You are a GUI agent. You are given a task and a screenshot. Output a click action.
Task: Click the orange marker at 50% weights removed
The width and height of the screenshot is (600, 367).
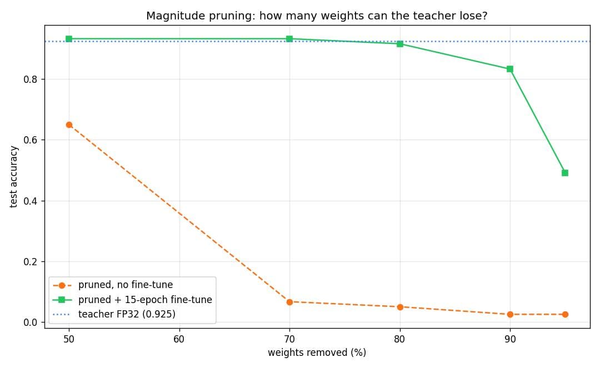[69, 125]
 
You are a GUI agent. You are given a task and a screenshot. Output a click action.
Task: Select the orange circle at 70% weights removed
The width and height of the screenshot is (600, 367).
[289, 302]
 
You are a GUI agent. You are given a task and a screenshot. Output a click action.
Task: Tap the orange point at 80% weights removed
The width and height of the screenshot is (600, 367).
[400, 308]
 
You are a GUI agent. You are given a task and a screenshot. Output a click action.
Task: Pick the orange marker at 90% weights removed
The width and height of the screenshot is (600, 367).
[509, 315]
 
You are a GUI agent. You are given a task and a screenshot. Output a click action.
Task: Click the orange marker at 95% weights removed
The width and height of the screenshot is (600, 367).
[565, 315]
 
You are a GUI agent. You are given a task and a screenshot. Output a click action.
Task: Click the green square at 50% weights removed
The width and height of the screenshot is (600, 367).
[69, 39]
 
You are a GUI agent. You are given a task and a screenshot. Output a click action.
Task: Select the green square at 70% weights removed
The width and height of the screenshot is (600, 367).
[289, 39]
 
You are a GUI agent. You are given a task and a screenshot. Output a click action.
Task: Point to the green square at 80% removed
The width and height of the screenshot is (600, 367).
[400, 44]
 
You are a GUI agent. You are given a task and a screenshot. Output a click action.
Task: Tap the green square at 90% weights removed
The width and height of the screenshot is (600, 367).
[509, 69]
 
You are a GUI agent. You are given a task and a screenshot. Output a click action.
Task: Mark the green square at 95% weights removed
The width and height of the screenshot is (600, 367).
[565, 173]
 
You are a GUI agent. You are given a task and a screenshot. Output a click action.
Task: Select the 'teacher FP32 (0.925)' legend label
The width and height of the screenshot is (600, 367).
[127, 314]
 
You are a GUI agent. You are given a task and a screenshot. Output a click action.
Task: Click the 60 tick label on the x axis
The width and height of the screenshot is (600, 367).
[179, 339]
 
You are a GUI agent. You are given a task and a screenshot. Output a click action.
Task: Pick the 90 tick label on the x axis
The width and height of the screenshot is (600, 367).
[509, 339]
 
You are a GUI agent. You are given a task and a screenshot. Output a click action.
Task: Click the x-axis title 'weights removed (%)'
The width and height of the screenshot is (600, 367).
[317, 353]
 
